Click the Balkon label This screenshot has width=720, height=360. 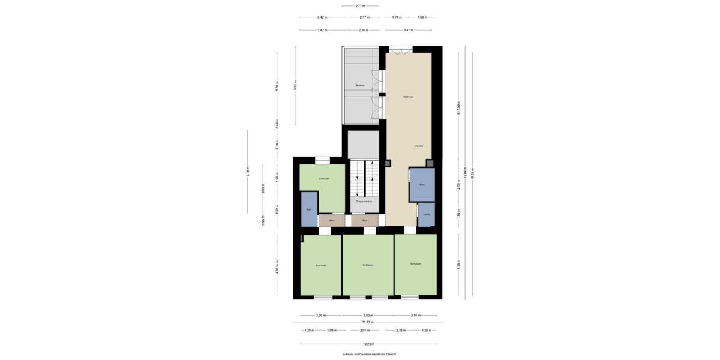pos(361,86)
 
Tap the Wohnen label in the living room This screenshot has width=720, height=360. pos(408,97)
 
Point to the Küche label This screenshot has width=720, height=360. pos(419,146)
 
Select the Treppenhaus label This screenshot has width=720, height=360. pos(364,202)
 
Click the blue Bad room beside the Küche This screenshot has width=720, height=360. pos(422,185)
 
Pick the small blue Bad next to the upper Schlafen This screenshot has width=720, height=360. pos(309,209)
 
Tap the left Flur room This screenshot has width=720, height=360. pos(331,221)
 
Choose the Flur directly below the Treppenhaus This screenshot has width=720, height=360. pos(365,221)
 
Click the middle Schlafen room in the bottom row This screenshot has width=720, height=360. pos(368,265)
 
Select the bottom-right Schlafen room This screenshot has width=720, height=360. pos(415,264)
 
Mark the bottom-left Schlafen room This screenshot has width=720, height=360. pos(321,265)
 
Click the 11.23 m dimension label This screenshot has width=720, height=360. pos(368,323)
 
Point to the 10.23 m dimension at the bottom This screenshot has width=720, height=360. pos(368,344)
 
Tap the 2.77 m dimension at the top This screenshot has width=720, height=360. pos(360,6)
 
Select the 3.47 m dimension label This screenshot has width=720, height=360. pos(408,30)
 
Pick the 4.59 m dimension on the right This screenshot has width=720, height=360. pos(458,265)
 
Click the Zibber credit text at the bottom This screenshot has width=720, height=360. pos(369,355)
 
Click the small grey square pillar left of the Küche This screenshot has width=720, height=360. pos(388,163)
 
